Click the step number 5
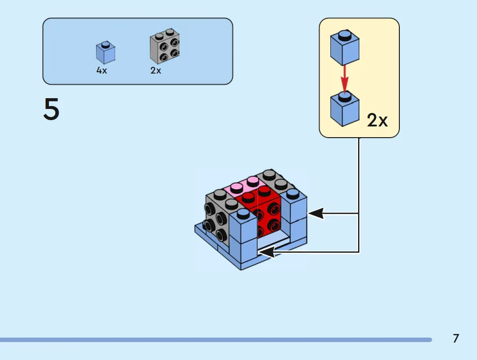(51, 109)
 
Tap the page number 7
(456, 338)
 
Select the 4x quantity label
(101, 70)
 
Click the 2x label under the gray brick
(155, 70)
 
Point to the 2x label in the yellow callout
(377, 120)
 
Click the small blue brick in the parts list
(105, 52)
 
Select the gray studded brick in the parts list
(165, 46)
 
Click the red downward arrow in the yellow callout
(344, 78)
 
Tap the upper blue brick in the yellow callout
(345, 48)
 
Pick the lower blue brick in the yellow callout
(345, 109)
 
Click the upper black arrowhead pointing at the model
(316, 213)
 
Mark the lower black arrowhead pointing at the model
(267, 252)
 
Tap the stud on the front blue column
(243, 213)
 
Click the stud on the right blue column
(293, 194)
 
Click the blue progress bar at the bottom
(216, 340)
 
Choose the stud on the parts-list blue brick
(105, 44)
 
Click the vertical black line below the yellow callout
(359, 195)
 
